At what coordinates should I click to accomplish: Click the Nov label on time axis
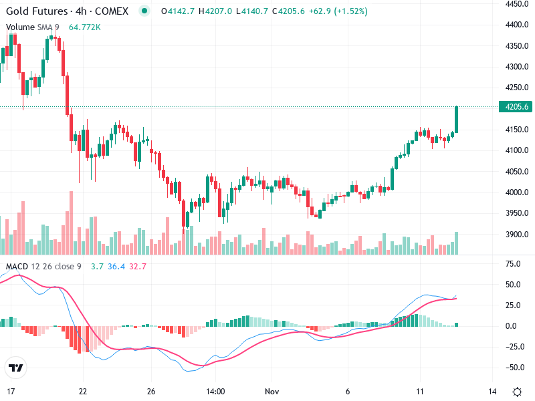tap(272, 392)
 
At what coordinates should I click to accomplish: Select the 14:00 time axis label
tap(215, 392)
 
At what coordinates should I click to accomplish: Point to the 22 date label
tap(82, 392)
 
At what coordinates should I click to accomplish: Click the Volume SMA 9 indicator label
tap(33, 27)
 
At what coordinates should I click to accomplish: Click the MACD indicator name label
tap(17, 267)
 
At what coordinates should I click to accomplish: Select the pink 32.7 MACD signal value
tap(138, 267)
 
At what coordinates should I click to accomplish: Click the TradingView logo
tap(16, 368)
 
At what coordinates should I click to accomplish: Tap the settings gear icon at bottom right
tap(517, 392)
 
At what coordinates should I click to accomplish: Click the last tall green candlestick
tap(457, 119)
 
